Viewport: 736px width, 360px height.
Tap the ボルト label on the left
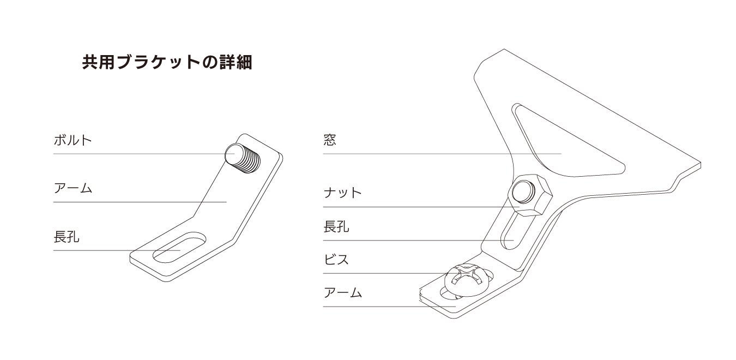[73, 140]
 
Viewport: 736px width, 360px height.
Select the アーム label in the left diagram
[73, 189]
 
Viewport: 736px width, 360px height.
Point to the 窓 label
[330, 140]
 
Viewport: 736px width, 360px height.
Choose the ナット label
[342, 193]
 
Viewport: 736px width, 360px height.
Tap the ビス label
[336, 260]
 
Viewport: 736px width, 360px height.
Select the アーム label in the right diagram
[342, 293]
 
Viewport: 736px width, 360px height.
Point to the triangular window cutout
[567, 145]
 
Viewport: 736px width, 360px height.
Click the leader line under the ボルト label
[136, 154]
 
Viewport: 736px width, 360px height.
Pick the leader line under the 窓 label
[436, 154]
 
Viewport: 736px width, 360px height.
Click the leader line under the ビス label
[382, 273]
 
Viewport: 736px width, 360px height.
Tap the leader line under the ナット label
[409, 207]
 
